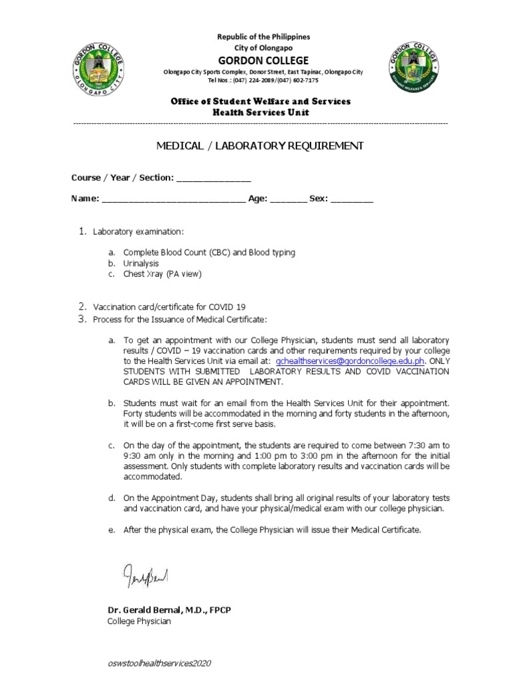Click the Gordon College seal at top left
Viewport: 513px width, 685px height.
pyautogui.click(x=98, y=68)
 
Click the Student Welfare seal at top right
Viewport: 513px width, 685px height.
pyautogui.click(x=415, y=68)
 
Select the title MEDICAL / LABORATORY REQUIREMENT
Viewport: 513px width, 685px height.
pyautogui.click(x=260, y=146)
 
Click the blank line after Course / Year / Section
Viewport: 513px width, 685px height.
pyautogui.click(x=213, y=179)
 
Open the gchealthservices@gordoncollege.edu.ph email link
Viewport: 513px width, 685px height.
pyautogui.click(x=350, y=361)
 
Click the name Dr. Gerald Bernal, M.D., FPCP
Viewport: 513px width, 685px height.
pyautogui.click(x=170, y=611)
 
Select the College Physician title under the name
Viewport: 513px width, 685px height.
pyautogui.click(x=139, y=621)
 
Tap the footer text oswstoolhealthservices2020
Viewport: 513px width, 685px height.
pyautogui.click(x=159, y=663)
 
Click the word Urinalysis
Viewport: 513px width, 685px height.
pyautogui.click(x=141, y=264)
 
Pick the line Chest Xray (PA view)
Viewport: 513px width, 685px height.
pyautogui.click(x=162, y=274)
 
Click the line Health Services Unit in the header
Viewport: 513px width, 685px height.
pyautogui.click(x=261, y=112)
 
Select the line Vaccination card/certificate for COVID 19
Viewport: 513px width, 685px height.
pyautogui.click(x=169, y=306)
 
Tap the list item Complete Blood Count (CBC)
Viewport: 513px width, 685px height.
pyautogui.click(x=209, y=253)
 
